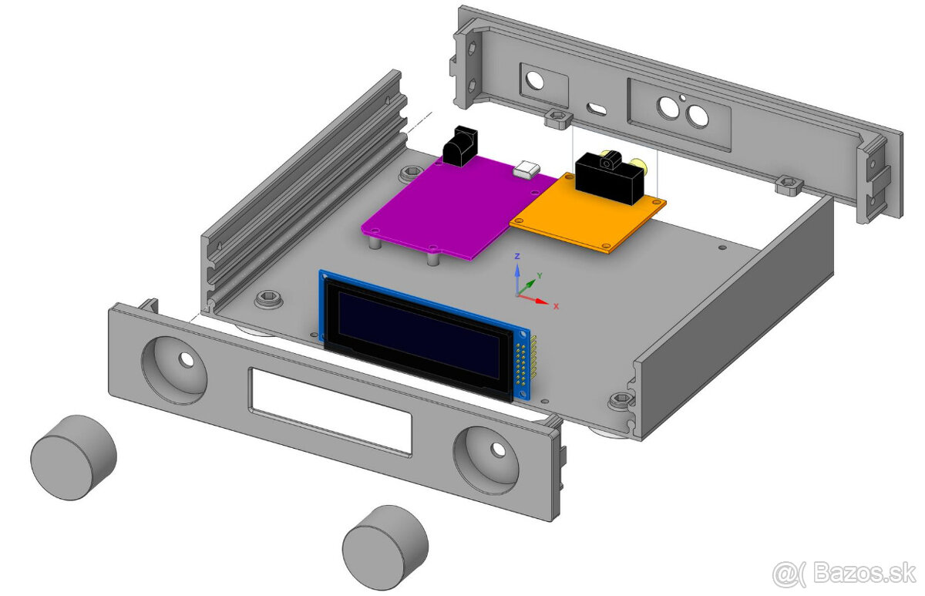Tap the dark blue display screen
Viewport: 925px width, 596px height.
pos(419,335)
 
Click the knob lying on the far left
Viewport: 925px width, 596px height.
pos(73,457)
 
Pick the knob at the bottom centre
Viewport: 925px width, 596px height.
pos(385,547)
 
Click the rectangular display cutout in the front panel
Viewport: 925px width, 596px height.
pos(331,412)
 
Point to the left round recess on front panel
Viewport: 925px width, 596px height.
pos(174,370)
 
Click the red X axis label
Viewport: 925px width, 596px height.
pos(556,306)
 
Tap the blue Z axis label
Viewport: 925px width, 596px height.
pos(517,257)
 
